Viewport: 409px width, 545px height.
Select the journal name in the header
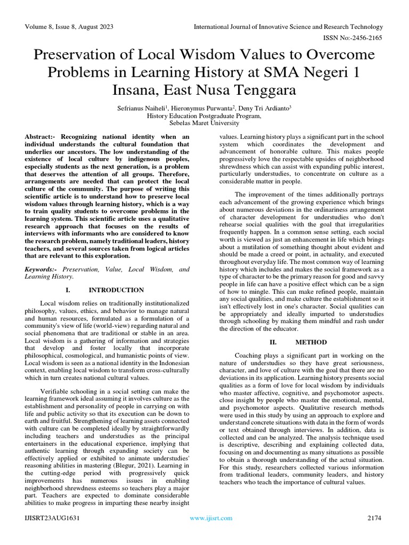(x=288, y=27)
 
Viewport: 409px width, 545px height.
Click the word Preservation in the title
(x=78, y=55)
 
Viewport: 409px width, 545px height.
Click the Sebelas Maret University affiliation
(x=204, y=122)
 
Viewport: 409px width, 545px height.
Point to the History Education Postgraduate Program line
(x=204, y=115)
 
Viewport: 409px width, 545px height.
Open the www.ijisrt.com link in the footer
(x=211, y=518)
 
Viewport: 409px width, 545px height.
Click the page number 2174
(x=375, y=518)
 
